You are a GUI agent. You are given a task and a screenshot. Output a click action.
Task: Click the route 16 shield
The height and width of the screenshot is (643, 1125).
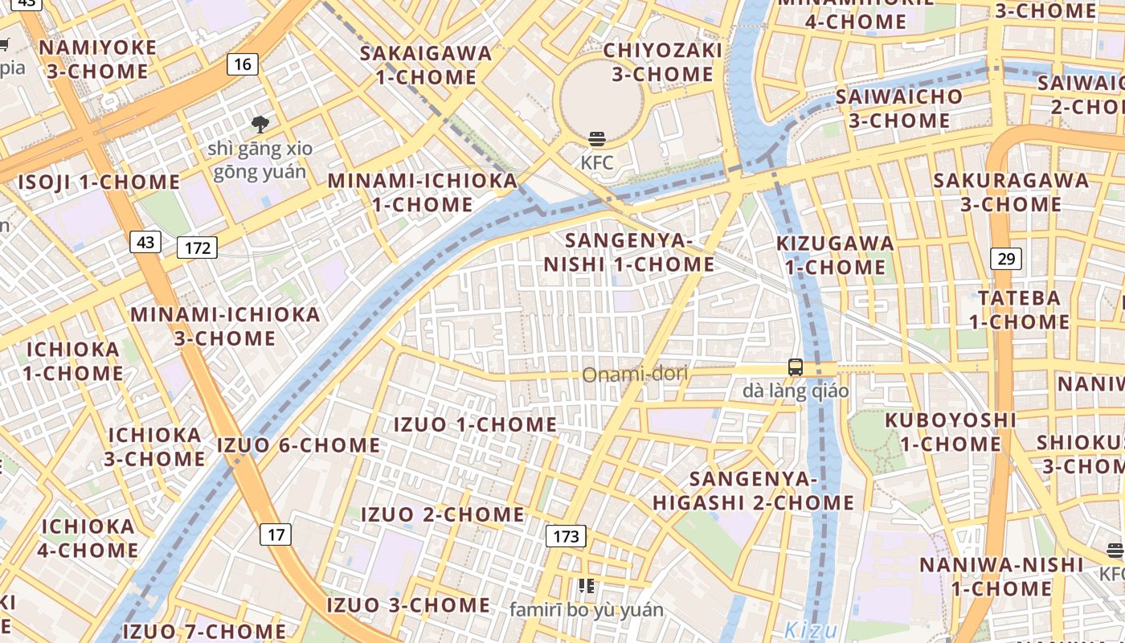[242, 64]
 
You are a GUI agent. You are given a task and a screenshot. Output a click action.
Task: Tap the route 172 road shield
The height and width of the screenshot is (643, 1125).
[197, 248]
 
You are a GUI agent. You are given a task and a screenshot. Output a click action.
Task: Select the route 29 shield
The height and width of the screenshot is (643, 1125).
[1006, 258]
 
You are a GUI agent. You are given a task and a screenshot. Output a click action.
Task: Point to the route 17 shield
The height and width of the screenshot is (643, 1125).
[276, 534]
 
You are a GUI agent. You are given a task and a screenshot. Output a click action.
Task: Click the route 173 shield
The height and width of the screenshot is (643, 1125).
[566, 536]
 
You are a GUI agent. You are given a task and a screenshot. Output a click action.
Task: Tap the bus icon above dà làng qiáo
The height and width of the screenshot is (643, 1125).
[796, 367]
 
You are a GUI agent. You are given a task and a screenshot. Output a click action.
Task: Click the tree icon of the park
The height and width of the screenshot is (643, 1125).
[260, 124]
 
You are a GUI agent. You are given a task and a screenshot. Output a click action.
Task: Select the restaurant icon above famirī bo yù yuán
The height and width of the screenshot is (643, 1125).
[587, 586]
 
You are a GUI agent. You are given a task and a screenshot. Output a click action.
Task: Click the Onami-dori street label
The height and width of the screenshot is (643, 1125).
[635, 375]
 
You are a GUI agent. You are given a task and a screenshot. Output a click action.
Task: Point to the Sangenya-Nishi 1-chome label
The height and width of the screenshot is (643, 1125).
[629, 252]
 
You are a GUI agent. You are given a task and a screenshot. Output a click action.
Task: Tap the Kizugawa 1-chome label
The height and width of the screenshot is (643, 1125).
[835, 255]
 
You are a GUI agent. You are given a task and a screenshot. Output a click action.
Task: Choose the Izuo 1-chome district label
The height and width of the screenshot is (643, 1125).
[476, 424]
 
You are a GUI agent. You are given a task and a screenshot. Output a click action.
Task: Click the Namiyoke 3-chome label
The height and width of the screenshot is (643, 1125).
[98, 59]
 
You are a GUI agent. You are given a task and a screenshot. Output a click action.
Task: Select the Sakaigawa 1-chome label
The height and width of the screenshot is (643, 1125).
[426, 65]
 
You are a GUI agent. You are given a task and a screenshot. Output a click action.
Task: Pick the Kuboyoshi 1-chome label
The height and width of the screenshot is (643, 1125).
[951, 432]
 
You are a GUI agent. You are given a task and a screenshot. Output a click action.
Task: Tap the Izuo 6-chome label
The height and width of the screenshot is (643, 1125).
[299, 444]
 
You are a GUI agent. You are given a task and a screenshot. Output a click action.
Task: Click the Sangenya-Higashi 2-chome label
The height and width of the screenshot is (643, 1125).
[753, 490]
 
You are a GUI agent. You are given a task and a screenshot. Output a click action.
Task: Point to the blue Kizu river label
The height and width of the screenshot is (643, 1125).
[811, 629]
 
